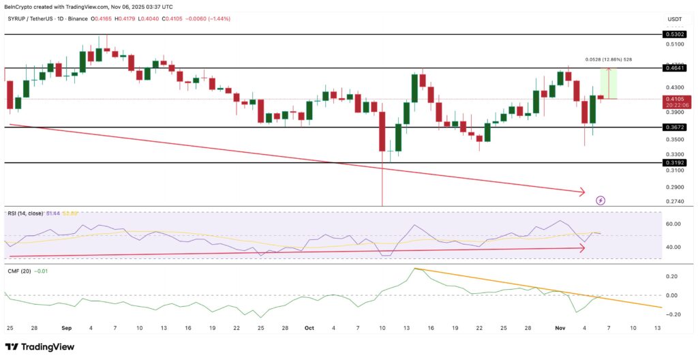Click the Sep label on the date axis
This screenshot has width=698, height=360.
(67, 328)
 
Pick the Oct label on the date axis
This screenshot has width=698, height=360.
(308, 328)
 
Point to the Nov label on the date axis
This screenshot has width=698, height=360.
(561, 328)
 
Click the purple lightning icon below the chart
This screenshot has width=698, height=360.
(600, 200)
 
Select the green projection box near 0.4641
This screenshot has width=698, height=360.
(608, 84)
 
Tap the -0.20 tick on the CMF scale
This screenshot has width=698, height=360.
(671, 314)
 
